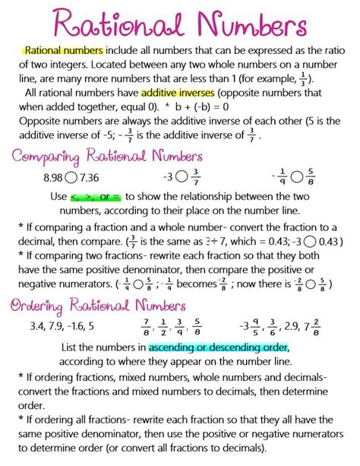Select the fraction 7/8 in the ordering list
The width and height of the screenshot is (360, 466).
pos(144,328)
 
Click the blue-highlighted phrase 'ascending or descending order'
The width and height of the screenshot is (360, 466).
pos(219,347)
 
